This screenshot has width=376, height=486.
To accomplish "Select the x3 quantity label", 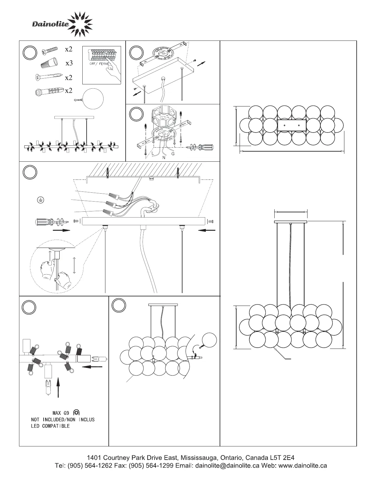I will coord(69,63).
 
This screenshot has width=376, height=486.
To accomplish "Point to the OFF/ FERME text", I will coord(98,64).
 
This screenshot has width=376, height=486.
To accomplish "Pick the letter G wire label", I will coord(173,153).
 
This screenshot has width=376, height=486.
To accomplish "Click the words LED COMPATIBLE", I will coord(50,426).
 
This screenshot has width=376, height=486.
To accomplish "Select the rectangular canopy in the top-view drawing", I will coord(292,125).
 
